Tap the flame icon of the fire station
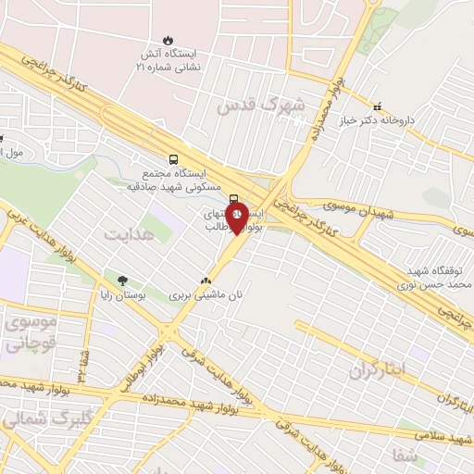click(x=168, y=40)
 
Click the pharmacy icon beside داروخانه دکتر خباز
click(x=377, y=107)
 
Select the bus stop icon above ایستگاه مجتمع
click(x=174, y=158)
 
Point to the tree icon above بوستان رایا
click(x=121, y=281)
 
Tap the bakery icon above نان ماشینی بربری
click(x=206, y=280)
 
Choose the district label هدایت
click(x=127, y=235)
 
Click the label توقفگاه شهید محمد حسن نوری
click(x=437, y=277)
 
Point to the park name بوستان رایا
click(x=123, y=296)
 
